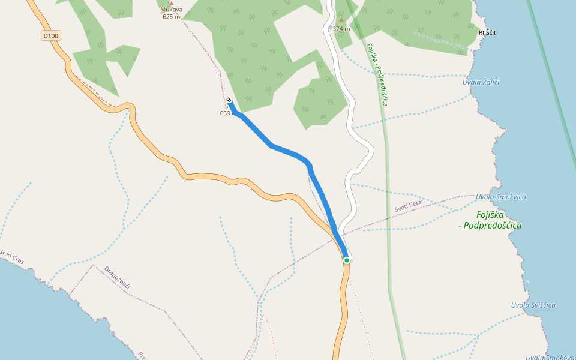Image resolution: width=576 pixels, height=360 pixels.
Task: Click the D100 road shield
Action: coord(51,36)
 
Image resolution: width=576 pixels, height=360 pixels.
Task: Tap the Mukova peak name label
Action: coord(171,10)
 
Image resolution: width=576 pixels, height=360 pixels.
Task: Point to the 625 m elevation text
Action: coord(171,17)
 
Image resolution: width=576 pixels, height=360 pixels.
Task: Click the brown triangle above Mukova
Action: coord(171,3)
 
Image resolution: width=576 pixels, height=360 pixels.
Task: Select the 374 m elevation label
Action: coord(341,28)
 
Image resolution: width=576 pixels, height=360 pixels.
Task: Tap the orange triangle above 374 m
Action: coord(341,20)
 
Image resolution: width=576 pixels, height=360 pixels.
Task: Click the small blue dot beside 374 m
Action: coord(331,28)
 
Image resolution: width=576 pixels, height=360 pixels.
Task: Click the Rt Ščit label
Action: coord(487,32)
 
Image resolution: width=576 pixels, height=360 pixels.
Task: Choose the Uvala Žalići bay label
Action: coord(481,82)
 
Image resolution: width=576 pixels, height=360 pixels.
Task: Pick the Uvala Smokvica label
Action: coord(500,197)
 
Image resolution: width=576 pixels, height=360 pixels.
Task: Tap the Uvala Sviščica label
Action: coord(533,305)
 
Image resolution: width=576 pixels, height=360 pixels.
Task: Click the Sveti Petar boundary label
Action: coord(409,206)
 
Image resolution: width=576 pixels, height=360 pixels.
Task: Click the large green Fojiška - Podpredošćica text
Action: coord(498,220)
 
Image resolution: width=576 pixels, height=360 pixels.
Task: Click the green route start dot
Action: coord(347,260)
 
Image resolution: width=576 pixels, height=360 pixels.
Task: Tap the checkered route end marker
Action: coord(229,100)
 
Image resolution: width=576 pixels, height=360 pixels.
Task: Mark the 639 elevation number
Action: coord(225,113)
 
